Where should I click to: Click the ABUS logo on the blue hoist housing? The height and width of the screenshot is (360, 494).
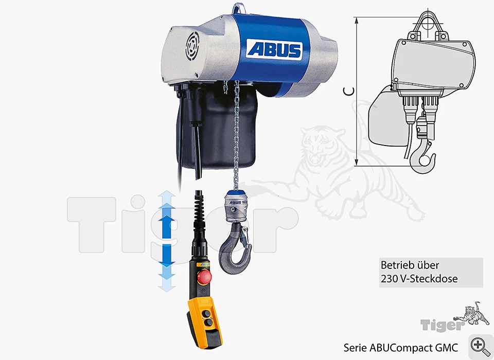pos(274,49)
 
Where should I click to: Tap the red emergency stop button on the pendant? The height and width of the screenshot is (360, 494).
pos(204,277)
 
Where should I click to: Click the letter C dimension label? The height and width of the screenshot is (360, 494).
pos(349,91)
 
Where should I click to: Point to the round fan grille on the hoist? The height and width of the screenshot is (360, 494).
pos(192,46)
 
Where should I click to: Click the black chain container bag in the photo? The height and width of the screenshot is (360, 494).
pos(217,126)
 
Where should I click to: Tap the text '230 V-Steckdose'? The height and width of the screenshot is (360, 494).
pos(419,279)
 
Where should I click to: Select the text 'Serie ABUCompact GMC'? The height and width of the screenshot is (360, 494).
pos(401,348)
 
